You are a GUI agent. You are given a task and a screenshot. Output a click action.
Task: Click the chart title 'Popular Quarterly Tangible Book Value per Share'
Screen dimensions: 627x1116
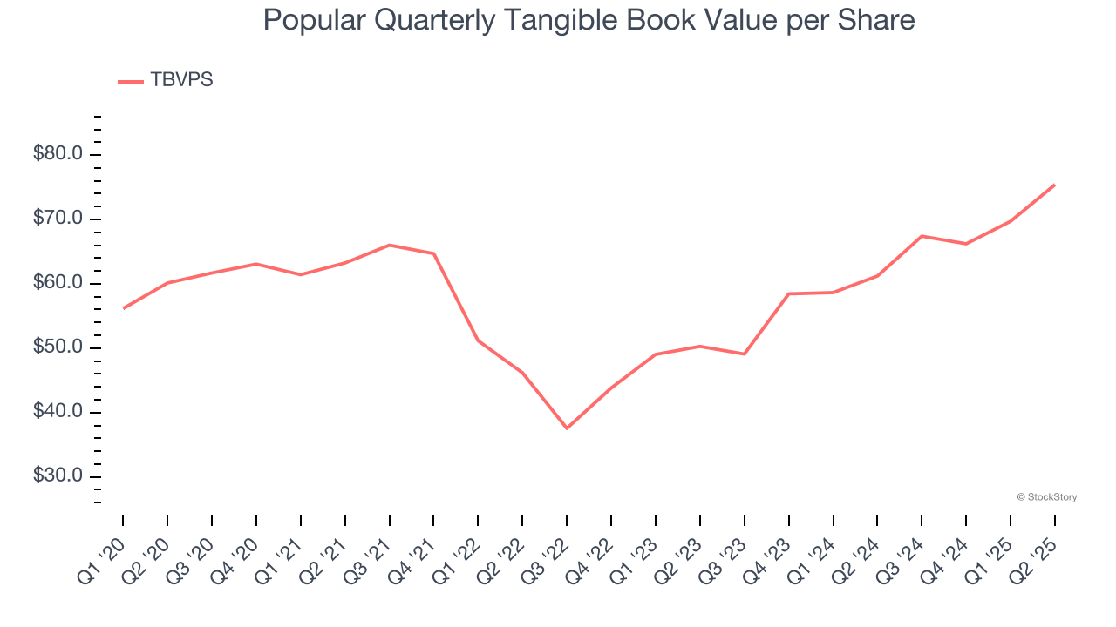[589, 20]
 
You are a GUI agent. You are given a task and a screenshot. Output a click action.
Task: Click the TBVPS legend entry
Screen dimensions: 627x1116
[166, 80]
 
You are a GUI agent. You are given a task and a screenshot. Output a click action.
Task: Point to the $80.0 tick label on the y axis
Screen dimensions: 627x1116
[58, 154]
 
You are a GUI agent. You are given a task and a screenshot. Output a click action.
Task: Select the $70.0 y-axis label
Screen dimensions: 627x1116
[58, 219]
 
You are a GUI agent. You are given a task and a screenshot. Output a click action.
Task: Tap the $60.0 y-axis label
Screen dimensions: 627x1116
[58, 283]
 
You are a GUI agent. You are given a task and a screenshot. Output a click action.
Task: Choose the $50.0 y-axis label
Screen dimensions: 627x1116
[58, 347]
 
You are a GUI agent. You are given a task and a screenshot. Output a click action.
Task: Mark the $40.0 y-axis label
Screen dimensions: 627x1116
[58, 412]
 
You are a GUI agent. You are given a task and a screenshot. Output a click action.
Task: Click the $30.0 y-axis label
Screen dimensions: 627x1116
[58, 476]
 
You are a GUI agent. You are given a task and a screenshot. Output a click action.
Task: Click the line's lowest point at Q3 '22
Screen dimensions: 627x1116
[567, 428]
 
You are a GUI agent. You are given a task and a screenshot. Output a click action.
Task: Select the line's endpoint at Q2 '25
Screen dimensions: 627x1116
[1054, 185]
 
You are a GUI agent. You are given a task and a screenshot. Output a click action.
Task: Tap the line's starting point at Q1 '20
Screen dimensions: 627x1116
[123, 308]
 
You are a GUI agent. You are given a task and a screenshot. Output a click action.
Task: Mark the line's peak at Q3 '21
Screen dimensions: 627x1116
[389, 245]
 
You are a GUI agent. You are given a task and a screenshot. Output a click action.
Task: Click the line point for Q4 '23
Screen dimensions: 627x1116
[788, 293]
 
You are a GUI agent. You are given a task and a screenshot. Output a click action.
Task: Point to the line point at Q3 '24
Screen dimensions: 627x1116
[922, 236]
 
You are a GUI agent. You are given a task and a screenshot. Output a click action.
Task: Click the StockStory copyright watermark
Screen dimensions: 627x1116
[1046, 497]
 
